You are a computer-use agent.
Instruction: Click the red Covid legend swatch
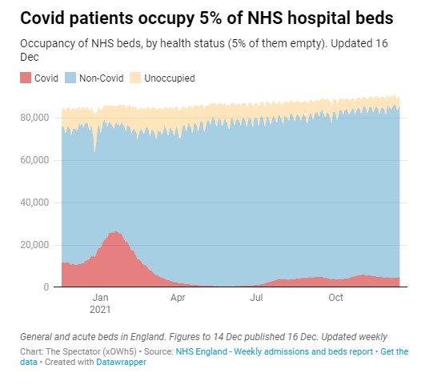point(26,78)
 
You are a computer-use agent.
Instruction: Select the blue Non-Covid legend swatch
point(70,78)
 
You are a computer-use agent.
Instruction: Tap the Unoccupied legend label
point(170,78)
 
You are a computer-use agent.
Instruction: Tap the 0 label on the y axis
point(46,287)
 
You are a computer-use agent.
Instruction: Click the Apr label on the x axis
point(178,298)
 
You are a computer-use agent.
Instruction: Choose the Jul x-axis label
point(256,298)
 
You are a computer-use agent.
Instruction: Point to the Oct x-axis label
point(336,298)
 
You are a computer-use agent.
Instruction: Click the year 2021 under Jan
point(100,310)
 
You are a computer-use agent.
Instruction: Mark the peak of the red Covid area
point(115,231)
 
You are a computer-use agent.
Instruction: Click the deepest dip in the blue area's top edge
point(94,152)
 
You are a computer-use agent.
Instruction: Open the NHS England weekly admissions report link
point(275,351)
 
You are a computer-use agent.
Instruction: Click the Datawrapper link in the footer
point(121,363)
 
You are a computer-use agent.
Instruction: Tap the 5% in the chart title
point(210,18)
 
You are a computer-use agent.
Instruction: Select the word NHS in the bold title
point(265,18)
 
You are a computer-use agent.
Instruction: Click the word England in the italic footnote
point(148,337)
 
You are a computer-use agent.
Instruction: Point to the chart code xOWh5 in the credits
point(119,351)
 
